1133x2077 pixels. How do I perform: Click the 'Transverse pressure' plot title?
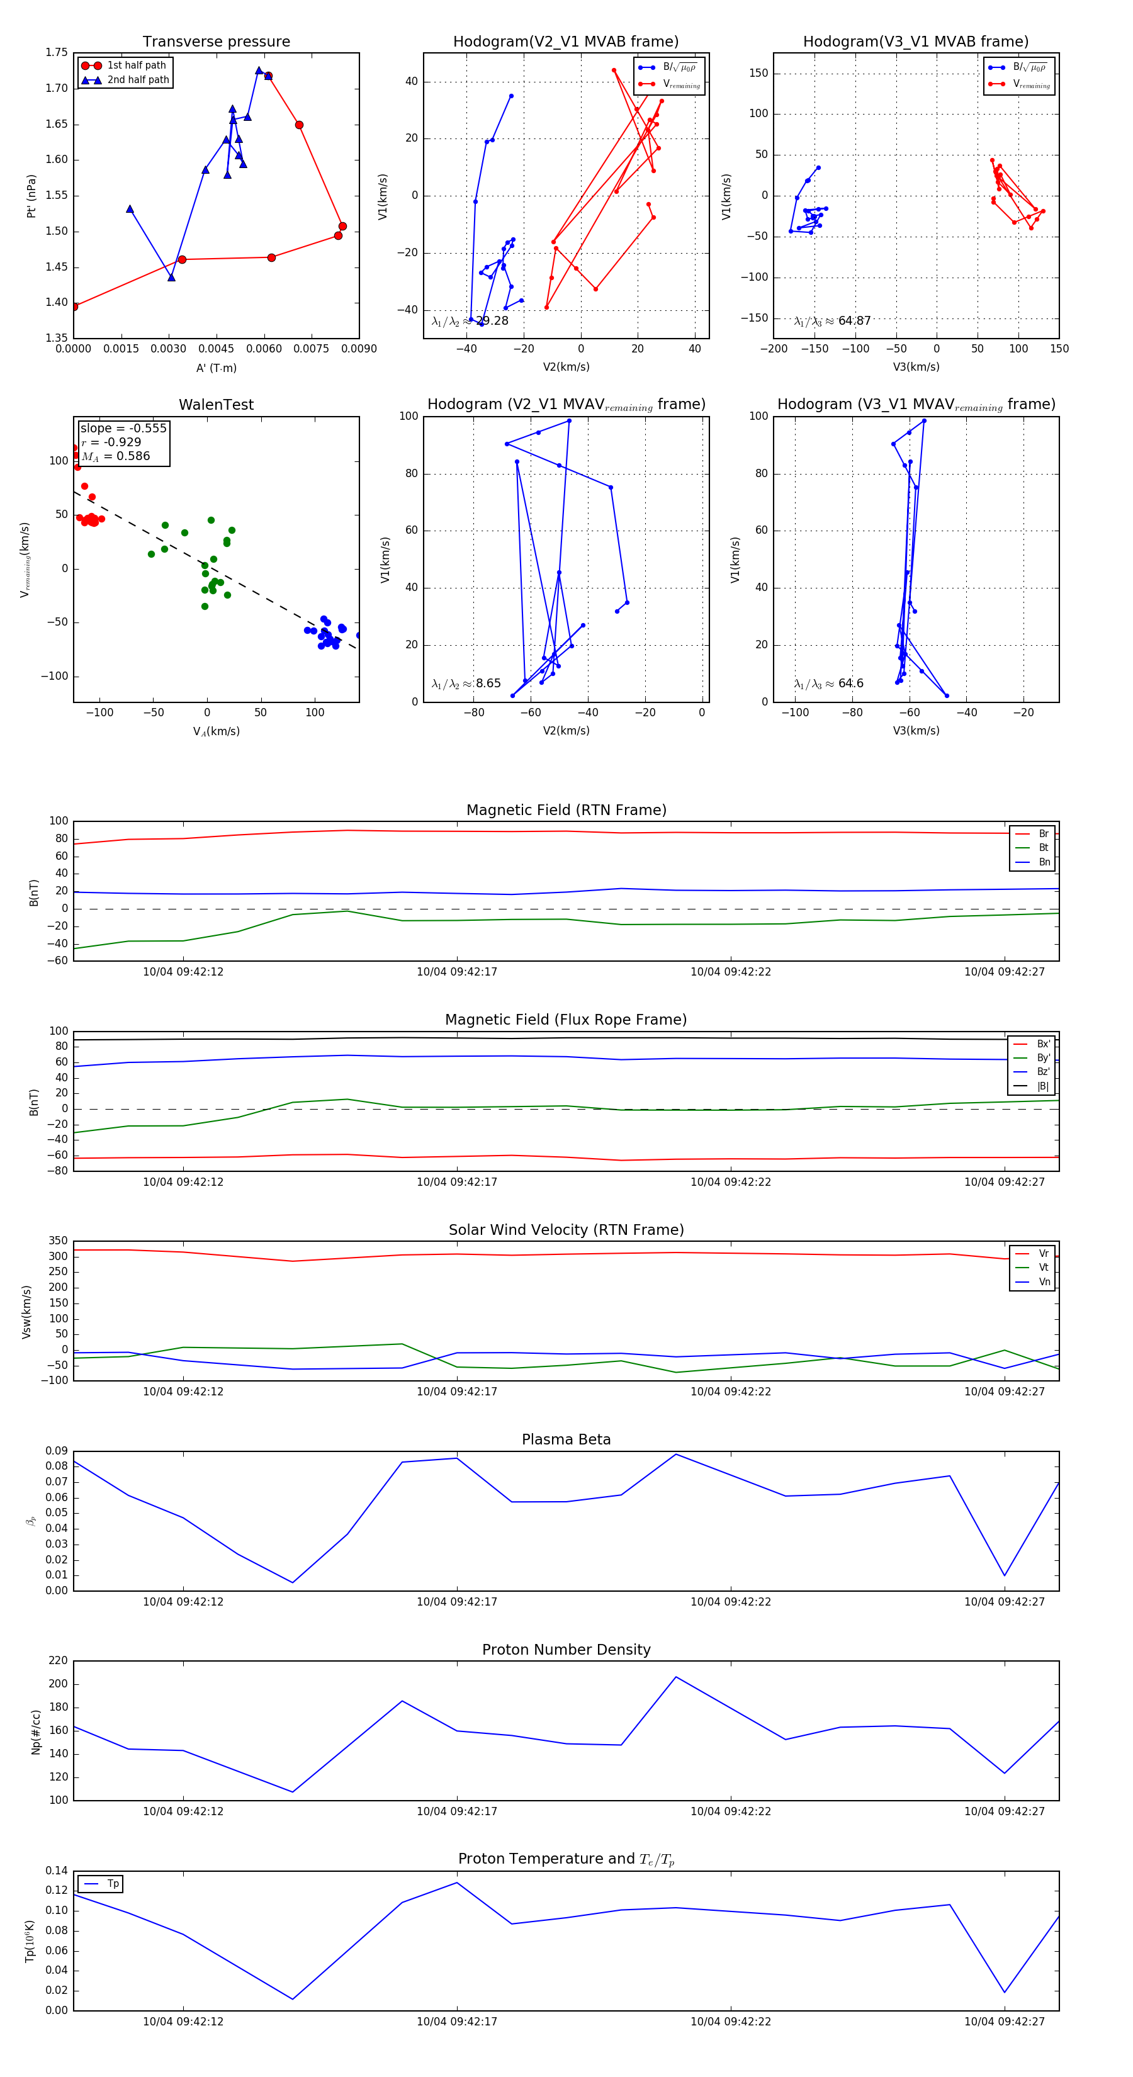pyautogui.click(x=216, y=42)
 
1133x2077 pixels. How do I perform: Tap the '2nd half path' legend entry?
pyautogui.click(x=138, y=80)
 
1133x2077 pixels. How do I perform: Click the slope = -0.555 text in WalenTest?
pyautogui.click(x=123, y=428)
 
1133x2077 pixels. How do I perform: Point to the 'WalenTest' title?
pyautogui.click(x=216, y=405)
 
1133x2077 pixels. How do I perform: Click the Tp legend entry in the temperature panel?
pyautogui.click(x=112, y=1884)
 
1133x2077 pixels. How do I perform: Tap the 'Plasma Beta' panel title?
pyautogui.click(x=566, y=1439)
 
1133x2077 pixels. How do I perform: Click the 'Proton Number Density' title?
pyautogui.click(x=566, y=1649)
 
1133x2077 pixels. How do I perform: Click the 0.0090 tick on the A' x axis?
pyautogui.click(x=359, y=349)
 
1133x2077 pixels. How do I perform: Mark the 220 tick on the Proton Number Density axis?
pyautogui.click(x=58, y=1660)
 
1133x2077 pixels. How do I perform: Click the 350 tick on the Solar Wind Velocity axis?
pyautogui.click(x=58, y=1241)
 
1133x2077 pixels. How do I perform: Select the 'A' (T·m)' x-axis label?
pyautogui.click(x=216, y=368)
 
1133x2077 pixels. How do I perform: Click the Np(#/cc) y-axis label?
pyautogui.click(x=35, y=1731)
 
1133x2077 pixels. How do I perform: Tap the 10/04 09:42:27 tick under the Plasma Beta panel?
pyautogui.click(x=1004, y=1601)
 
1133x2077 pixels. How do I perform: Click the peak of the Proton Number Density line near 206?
pyautogui.click(x=676, y=1677)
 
